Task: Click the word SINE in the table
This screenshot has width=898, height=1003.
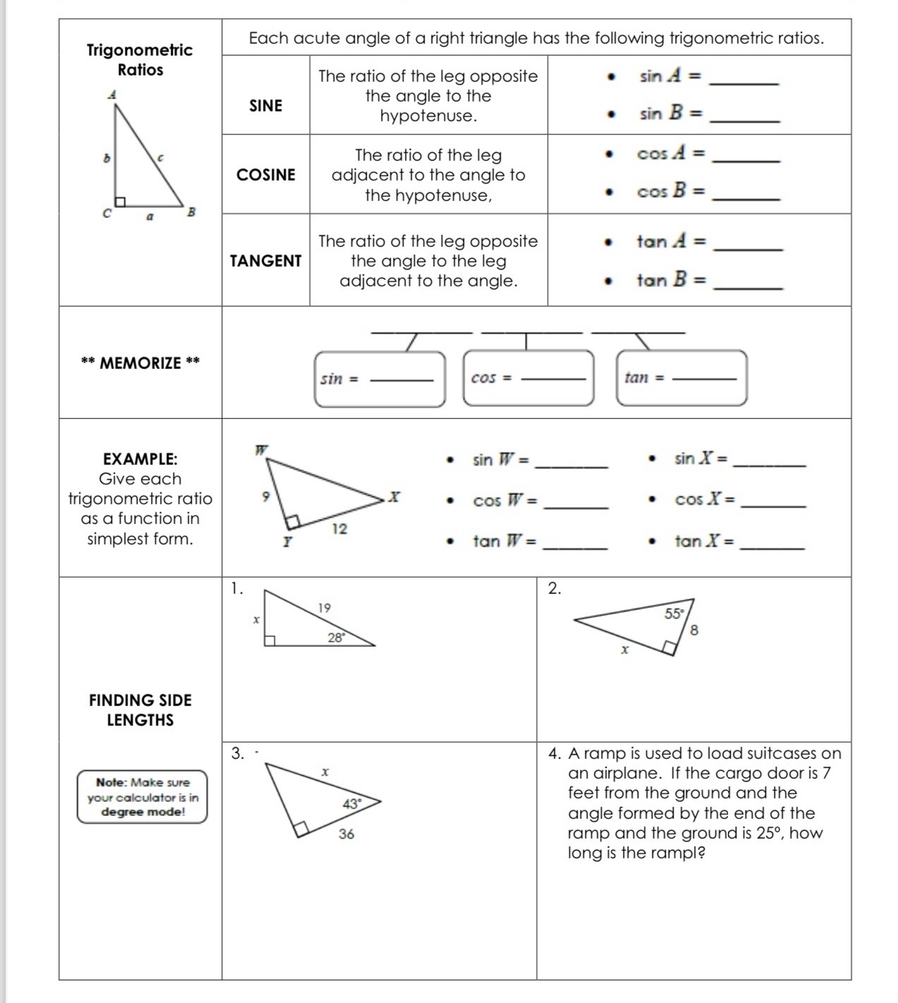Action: point(265,106)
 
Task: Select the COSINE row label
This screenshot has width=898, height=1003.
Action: point(266,175)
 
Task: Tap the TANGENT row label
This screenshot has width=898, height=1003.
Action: point(266,261)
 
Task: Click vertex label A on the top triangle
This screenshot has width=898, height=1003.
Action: point(111,95)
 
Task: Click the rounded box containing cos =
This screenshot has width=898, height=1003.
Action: point(528,378)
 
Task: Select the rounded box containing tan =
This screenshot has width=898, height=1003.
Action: point(681,378)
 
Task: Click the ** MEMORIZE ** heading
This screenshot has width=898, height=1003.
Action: point(140,363)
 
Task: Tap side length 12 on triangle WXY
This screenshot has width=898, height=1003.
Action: point(339,529)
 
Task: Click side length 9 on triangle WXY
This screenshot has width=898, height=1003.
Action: point(265,497)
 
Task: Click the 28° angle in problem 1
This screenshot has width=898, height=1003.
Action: point(336,638)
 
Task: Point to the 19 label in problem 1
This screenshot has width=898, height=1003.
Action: point(324,608)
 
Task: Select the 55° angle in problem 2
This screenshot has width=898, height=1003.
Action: point(674,614)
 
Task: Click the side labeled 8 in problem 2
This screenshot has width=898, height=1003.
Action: point(694,631)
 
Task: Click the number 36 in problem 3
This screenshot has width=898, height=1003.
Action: point(346,834)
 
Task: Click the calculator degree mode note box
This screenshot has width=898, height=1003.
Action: point(142,797)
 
